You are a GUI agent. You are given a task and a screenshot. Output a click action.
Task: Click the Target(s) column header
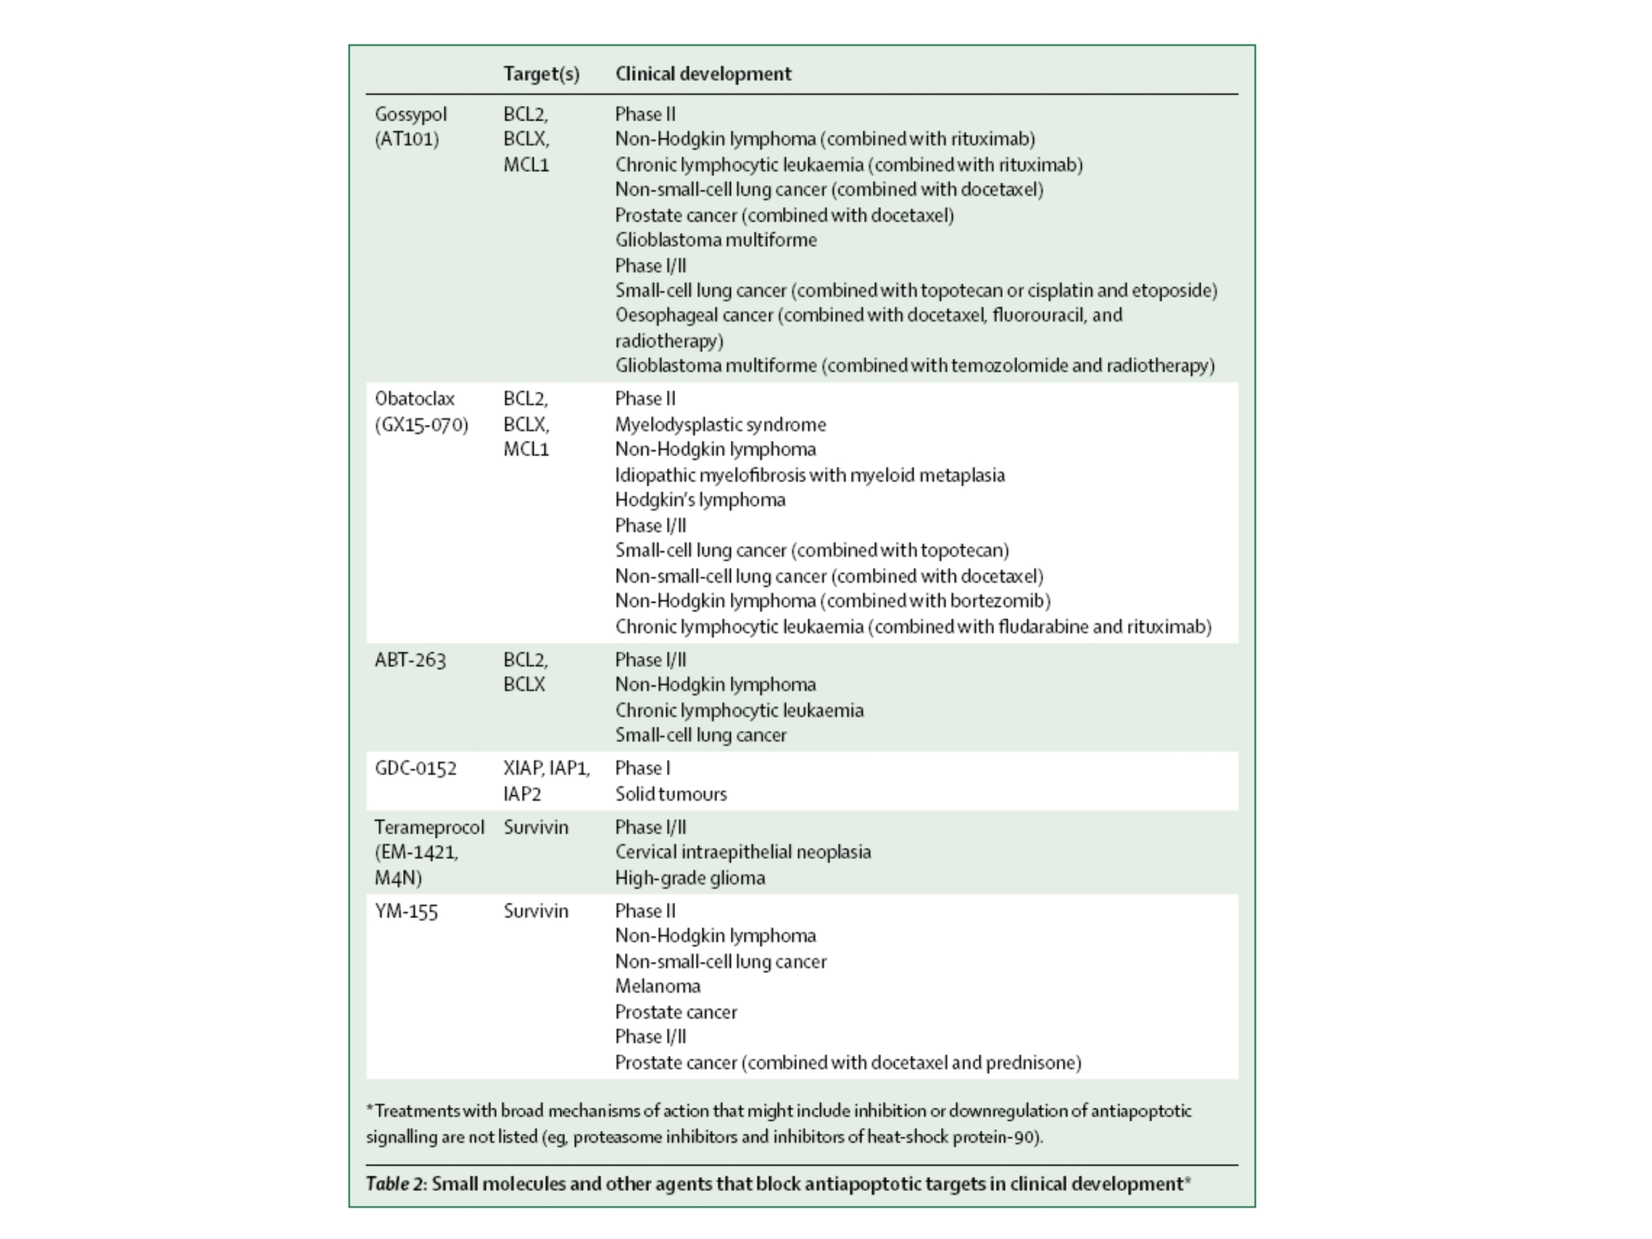[x=541, y=74]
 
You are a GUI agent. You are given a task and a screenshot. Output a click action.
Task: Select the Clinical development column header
[x=703, y=74]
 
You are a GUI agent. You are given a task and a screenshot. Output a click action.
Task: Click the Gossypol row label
[x=411, y=115]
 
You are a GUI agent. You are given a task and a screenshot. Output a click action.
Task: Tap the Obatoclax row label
[x=415, y=399]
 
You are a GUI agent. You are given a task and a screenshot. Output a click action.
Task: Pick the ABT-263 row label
[x=410, y=660]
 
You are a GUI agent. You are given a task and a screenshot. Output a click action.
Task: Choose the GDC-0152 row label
[x=415, y=769]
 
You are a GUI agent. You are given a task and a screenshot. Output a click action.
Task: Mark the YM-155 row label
[x=406, y=911]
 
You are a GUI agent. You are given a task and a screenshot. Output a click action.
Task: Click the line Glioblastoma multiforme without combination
[x=715, y=240]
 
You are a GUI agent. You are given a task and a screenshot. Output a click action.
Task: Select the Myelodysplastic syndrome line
[x=720, y=425]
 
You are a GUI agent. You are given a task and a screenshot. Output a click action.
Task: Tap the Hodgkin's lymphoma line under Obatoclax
[x=700, y=499]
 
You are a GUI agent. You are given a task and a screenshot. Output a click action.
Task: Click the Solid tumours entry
[x=671, y=794]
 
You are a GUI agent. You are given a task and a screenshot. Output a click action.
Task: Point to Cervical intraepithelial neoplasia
[x=742, y=852]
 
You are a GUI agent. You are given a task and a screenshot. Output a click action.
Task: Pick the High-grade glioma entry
[x=690, y=878]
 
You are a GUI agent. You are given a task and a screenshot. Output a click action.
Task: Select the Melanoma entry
[x=657, y=987]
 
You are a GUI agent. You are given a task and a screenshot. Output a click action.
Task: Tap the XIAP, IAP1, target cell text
[x=546, y=769]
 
